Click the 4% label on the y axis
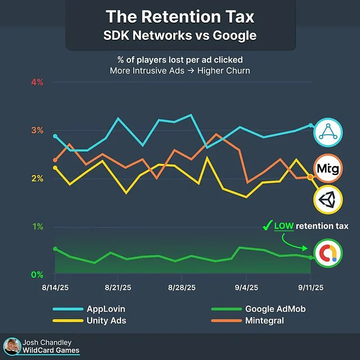pos(37,82)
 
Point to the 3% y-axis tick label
pos(37,130)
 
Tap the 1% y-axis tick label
pos(37,227)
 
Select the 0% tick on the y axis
pos(37,274)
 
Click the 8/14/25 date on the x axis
pos(55,287)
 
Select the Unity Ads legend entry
pos(106,321)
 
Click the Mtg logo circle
pos(327,168)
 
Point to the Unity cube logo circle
pos(327,200)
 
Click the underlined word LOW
pos(283,226)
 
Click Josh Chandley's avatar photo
pos(11,346)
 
